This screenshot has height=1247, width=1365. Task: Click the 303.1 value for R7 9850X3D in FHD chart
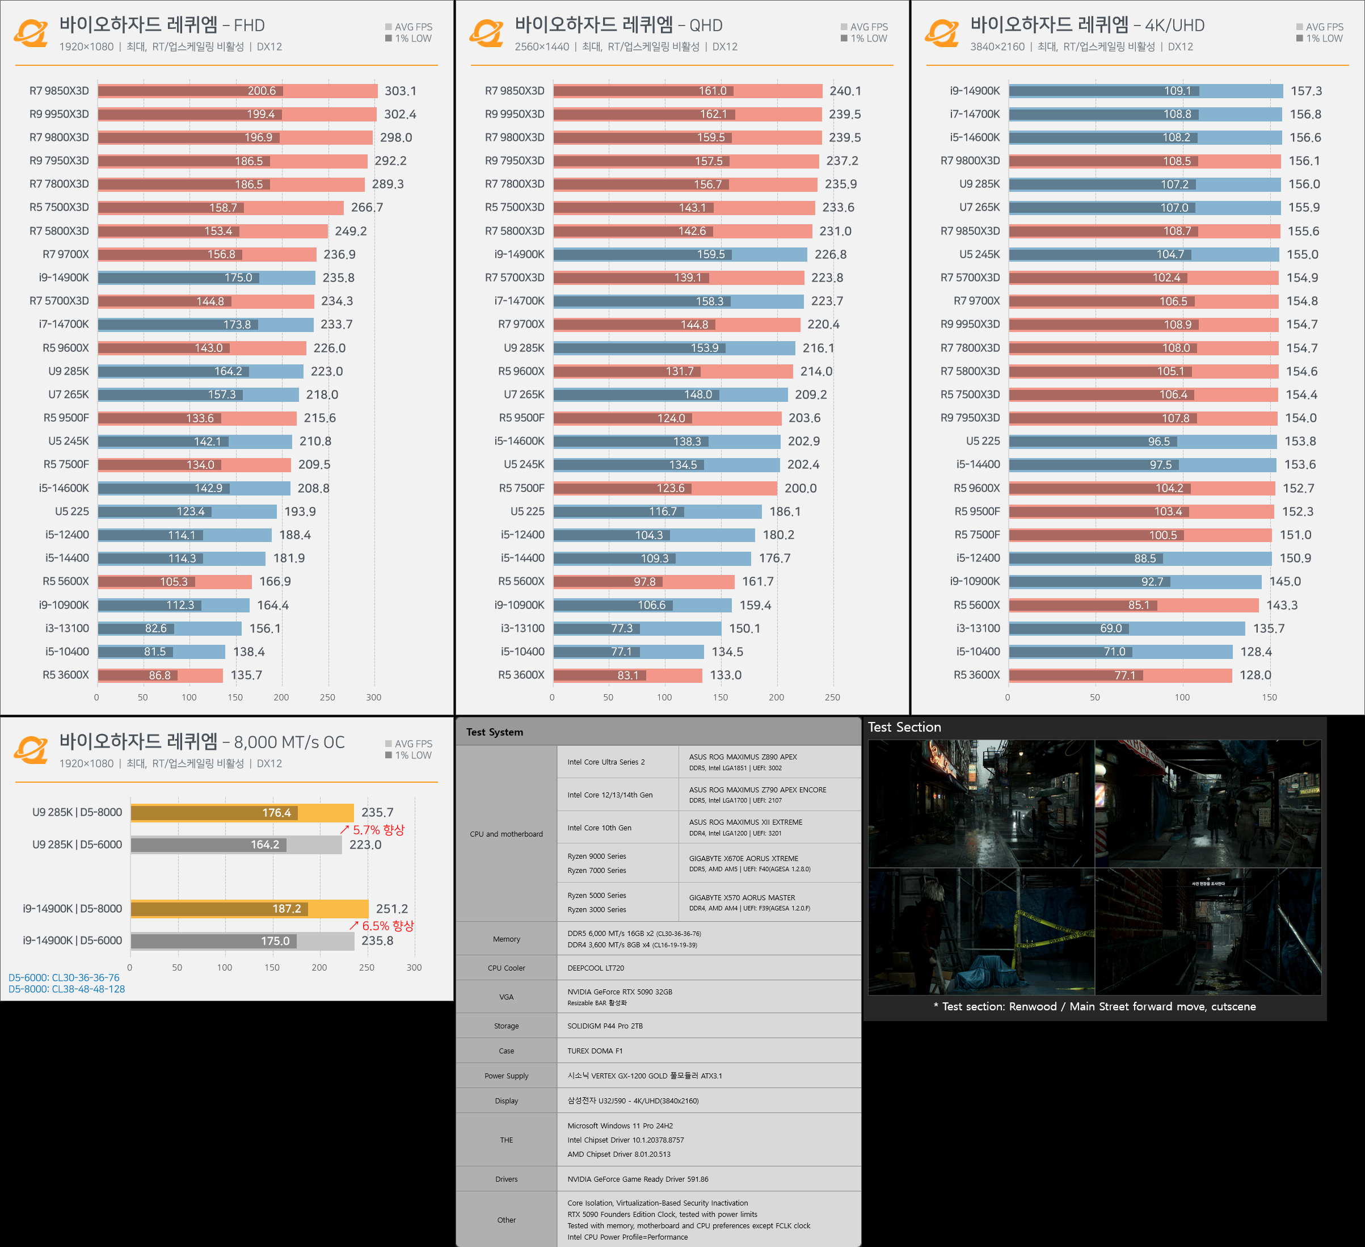pos(400,91)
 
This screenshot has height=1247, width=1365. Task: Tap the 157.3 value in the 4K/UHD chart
pos(1305,91)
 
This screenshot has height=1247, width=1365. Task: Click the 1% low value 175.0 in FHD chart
pos(238,278)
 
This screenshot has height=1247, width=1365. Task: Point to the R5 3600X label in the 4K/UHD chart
pos(976,675)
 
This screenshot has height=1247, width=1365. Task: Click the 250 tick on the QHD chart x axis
pos(832,697)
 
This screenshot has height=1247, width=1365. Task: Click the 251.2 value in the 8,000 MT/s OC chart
pos(391,908)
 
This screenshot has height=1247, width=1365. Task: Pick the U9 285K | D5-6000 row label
pos(77,845)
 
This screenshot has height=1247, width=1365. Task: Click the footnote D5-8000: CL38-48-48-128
pos(66,989)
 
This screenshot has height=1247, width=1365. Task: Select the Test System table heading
pos(494,732)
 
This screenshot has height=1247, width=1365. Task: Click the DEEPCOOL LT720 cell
pos(596,968)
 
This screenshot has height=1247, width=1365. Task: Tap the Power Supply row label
pos(507,1076)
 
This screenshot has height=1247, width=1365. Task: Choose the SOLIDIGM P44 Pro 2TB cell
pos(605,1026)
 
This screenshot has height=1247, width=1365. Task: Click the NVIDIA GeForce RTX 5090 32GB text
pos(620,992)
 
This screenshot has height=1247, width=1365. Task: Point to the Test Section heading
pos(904,727)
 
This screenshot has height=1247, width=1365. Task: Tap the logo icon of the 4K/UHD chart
pos(942,32)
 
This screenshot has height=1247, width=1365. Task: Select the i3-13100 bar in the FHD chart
pos(169,628)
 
